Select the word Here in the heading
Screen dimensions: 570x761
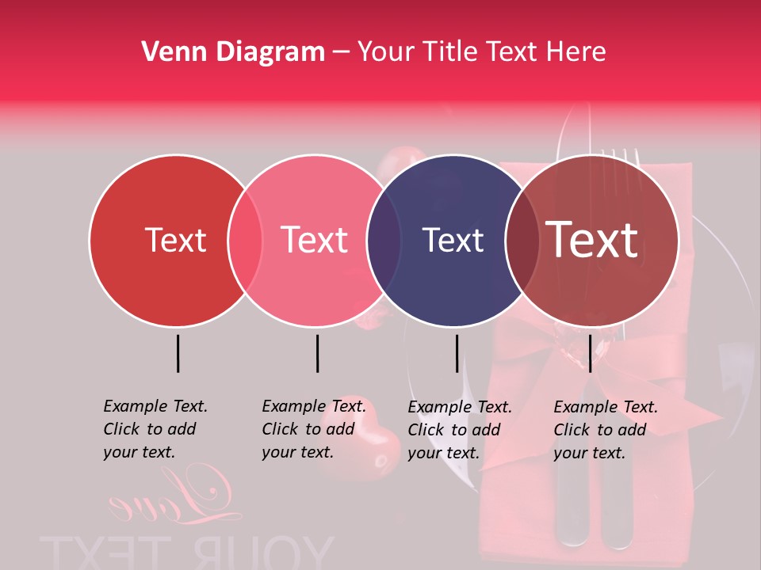click(576, 52)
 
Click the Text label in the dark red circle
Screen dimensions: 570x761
click(175, 240)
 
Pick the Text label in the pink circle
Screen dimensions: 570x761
click(315, 240)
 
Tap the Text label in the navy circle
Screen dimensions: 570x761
click(453, 240)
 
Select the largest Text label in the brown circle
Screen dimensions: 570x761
click(592, 240)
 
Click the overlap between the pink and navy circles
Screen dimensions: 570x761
click(384, 240)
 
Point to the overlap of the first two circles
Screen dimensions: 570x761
click(245, 240)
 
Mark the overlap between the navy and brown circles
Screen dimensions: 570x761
click(522, 240)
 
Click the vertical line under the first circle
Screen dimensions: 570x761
click(178, 353)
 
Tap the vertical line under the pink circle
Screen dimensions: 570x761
click(317, 353)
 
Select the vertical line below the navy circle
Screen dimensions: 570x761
click(457, 353)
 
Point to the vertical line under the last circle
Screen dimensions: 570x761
click(590, 353)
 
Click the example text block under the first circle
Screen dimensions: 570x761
click(155, 429)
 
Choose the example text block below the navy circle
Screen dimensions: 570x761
click(460, 430)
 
